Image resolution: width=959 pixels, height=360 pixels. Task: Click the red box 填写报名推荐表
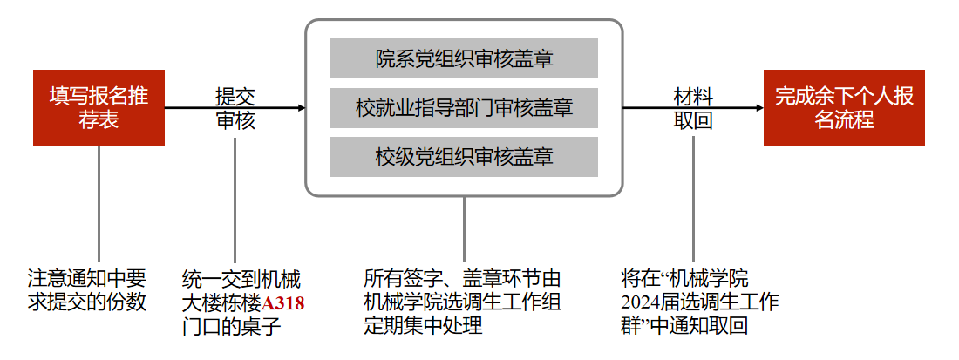pos(99,108)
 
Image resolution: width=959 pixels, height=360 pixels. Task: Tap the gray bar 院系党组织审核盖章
pos(464,59)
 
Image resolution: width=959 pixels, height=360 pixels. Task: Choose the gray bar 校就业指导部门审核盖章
pos(464,108)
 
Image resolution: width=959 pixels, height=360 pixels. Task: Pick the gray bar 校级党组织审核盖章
pos(464,157)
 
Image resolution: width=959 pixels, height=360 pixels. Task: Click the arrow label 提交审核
pos(235,108)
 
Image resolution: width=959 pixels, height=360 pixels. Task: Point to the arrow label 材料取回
pos(693,108)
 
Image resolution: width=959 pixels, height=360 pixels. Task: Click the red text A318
pos(284,304)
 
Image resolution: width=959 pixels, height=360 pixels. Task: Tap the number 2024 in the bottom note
pos(643,304)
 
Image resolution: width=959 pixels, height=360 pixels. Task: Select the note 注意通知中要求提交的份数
pos(86,291)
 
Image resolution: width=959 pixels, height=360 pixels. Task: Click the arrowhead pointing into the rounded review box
pos(301,108)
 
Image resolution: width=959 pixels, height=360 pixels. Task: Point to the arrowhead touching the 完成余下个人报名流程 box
pos(758,108)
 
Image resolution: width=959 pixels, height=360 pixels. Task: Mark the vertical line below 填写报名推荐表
pos(99,200)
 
